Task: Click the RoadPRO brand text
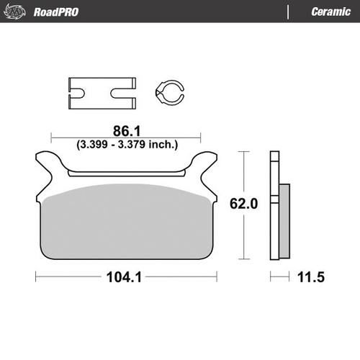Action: (55, 12)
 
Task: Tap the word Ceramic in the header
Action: (330, 12)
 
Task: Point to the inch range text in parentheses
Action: (127, 144)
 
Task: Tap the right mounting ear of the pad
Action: (204, 161)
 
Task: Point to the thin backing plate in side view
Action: (274, 205)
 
